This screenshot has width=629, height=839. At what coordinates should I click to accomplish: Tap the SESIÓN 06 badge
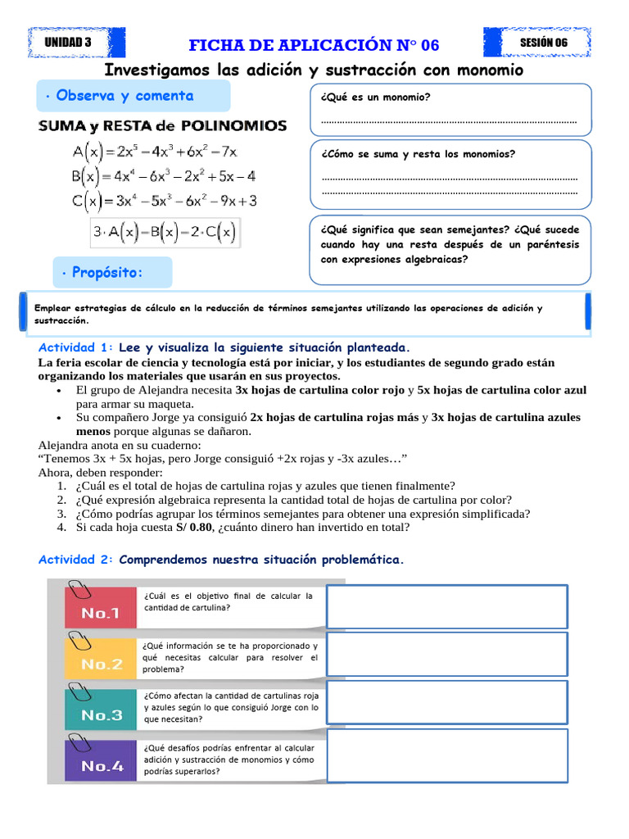[543, 43]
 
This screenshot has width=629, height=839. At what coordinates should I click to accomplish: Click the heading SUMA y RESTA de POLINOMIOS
[163, 126]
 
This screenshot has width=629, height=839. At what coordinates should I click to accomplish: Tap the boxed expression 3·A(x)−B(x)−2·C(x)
[164, 233]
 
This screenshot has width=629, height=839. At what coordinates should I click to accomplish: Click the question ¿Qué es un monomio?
[376, 98]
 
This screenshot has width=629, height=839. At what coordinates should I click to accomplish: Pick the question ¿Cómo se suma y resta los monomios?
[419, 154]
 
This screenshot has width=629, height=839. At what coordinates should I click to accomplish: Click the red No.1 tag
[100, 612]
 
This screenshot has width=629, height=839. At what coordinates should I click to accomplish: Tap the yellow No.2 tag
[100, 664]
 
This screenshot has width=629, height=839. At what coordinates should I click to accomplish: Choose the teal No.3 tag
[100, 714]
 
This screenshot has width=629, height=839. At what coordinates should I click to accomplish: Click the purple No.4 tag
[100, 766]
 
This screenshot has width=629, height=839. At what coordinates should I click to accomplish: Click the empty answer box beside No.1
[447, 605]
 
